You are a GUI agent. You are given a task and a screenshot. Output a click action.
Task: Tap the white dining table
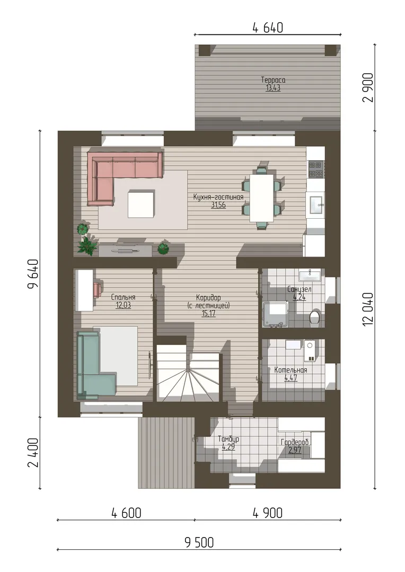[x=262, y=198]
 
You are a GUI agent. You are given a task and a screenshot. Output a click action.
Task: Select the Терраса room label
[x=273, y=79]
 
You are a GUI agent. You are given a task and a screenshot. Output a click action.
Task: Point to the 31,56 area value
[x=218, y=205]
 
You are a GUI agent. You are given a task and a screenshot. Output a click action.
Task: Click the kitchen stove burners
[x=315, y=169]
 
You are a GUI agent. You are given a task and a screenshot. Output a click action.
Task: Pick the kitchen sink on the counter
[x=316, y=204]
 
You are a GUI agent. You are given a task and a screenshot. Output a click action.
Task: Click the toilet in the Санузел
[x=315, y=317]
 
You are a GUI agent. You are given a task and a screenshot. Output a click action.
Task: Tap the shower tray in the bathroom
[x=276, y=314]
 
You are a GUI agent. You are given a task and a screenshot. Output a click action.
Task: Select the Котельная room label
[x=290, y=370]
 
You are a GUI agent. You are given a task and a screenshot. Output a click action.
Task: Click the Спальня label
[x=123, y=297]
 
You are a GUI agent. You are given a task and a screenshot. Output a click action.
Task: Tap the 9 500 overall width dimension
[x=199, y=542]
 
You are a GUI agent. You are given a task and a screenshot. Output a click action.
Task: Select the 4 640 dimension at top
[x=268, y=28]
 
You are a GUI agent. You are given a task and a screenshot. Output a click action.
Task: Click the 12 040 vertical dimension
[x=368, y=309]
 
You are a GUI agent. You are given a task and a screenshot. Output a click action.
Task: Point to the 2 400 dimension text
[x=33, y=453]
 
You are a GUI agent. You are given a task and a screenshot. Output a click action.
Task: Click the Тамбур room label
[x=228, y=439]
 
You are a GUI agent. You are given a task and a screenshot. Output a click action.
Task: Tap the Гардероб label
[x=295, y=442]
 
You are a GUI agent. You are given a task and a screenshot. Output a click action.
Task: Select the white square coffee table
[x=141, y=204]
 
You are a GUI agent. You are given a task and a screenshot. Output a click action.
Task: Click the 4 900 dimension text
[x=268, y=513]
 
